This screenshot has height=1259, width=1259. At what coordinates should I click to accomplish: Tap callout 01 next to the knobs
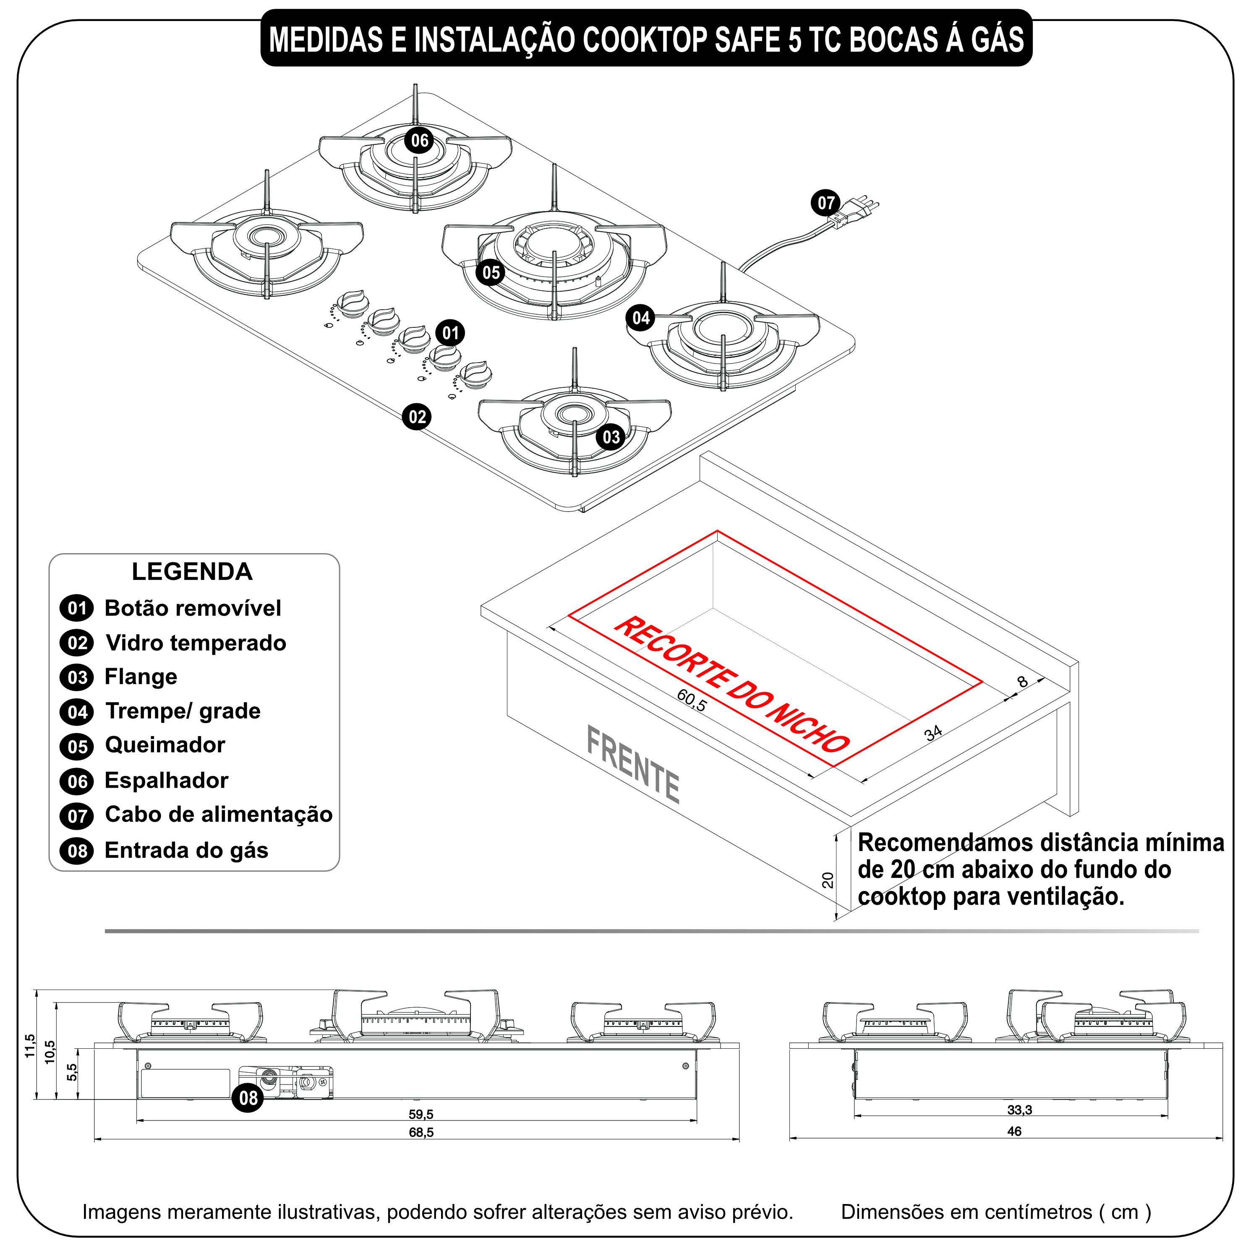pos(450,333)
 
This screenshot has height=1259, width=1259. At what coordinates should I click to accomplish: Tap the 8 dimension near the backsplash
pos(1022,682)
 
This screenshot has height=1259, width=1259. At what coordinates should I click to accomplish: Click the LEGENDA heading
pos(192,572)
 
